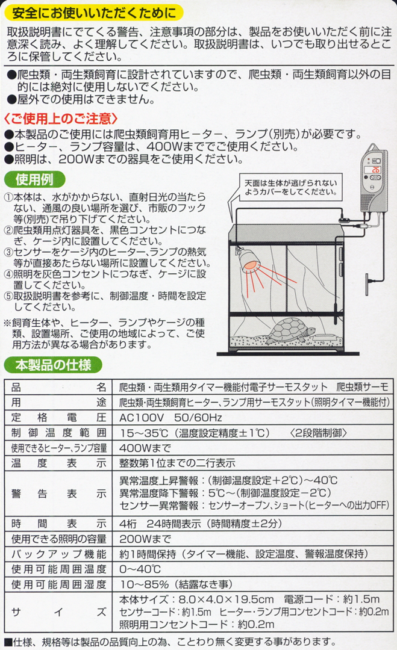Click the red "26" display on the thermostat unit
375,170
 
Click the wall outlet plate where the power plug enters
367,284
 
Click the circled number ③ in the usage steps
8,252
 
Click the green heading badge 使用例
34,179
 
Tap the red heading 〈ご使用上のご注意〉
61,119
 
